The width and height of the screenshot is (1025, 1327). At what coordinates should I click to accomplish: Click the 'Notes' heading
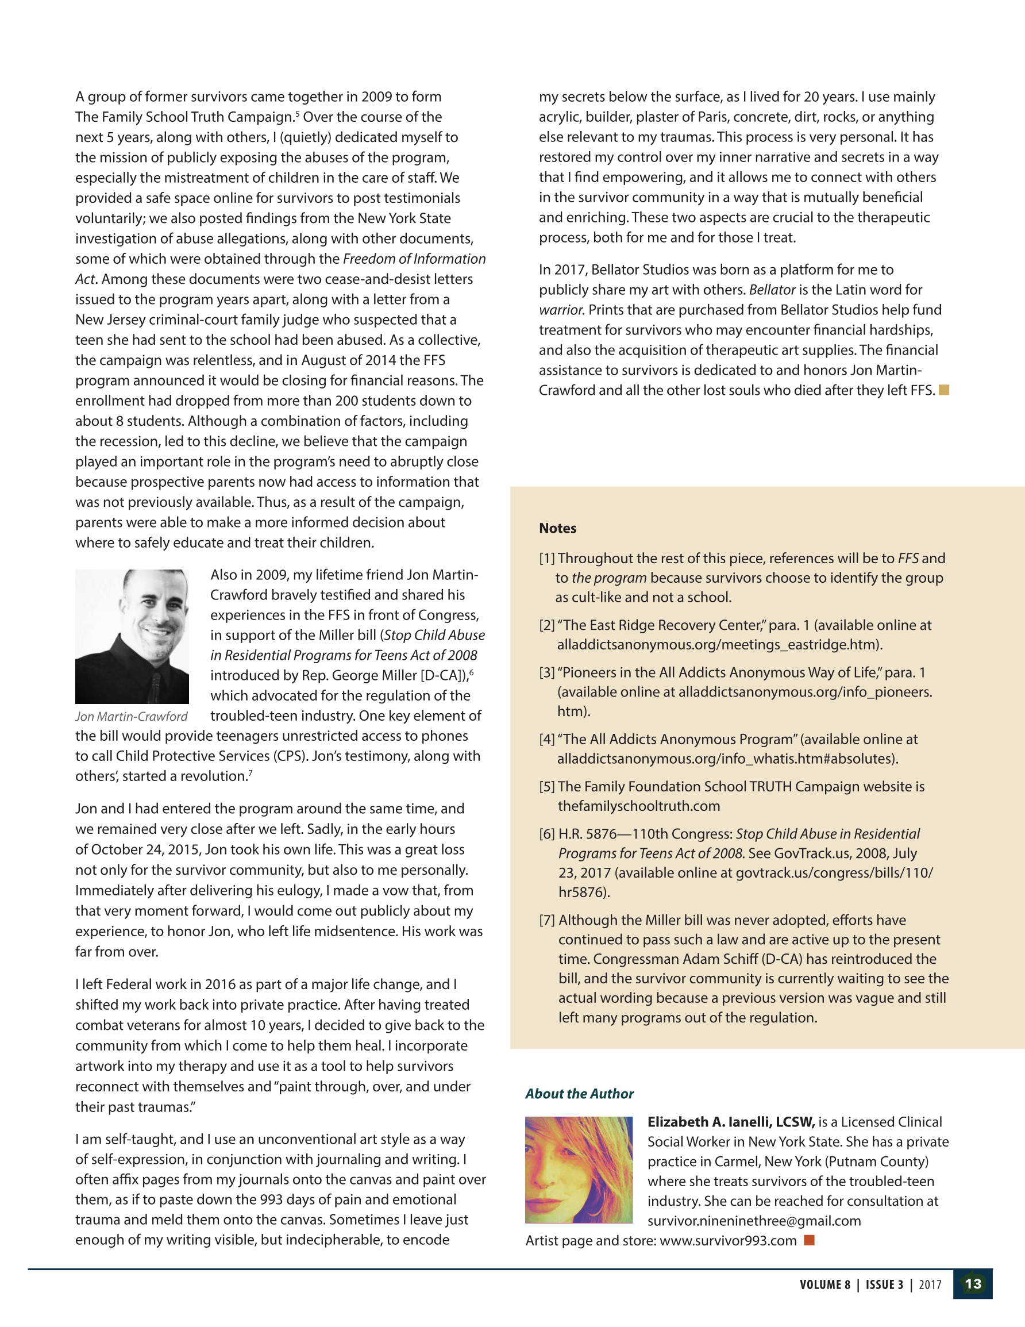click(x=557, y=528)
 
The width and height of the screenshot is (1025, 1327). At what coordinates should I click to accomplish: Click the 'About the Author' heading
click(x=579, y=1094)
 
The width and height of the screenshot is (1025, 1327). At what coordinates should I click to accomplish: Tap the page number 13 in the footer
click(x=973, y=1284)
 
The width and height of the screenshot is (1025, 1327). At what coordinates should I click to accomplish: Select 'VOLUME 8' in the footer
click(x=824, y=1284)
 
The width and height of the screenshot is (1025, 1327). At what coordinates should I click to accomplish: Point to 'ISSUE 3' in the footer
click(x=884, y=1284)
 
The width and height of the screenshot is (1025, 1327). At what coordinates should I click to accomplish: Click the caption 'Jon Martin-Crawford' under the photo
click(x=131, y=716)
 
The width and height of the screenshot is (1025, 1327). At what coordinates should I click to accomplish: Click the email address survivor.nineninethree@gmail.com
click(x=754, y=1221)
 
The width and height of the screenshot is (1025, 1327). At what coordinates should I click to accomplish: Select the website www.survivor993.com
click(x=728, y=1240)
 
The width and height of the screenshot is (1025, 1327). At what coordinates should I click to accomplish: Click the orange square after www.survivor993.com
click(x=809, y=1240)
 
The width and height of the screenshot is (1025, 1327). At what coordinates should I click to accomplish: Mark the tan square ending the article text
click(x=943, y=390)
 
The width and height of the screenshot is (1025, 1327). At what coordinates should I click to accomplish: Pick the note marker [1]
click(x=547, y=559)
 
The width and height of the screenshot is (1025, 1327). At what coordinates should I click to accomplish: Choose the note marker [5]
click(x=547, y=786)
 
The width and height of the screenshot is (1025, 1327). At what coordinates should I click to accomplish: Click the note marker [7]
click(x=547, y=920)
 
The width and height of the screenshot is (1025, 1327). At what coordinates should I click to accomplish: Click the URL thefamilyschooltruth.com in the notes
click(x=630, y=806)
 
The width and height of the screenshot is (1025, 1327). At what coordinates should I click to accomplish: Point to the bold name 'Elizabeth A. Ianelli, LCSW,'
click(x=730, y=1122)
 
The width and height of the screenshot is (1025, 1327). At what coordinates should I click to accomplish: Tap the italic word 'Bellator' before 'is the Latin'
click(x=772, y=290)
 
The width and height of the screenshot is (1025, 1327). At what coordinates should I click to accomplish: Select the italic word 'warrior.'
click(x=561, y=310)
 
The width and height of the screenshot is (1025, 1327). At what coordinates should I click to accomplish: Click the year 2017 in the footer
click(x=930, y=1284)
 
